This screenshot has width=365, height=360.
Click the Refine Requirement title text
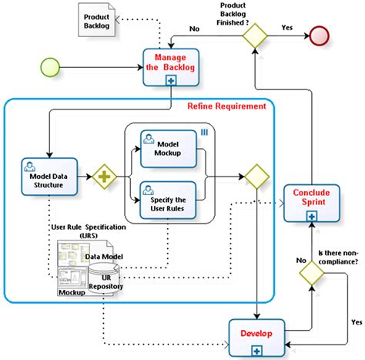[227, 106]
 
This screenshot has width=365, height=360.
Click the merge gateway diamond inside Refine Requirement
[255, 176]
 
